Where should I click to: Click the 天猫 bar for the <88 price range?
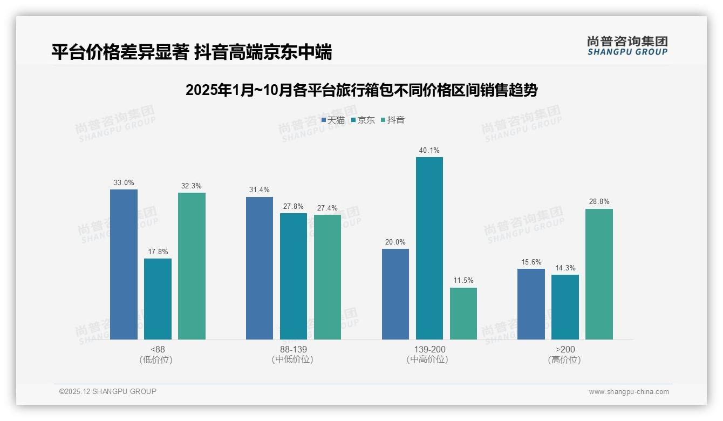point(124,264)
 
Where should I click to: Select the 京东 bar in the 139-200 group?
point(429,248)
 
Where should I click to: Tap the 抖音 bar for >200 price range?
point(599,274)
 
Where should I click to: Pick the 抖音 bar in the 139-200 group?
point(463,314)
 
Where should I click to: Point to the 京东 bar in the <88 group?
point(158,299)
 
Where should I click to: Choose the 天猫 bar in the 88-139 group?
point(260,268)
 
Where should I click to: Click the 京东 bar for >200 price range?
point(565,307)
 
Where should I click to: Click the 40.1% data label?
point(429,150)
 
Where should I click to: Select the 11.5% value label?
point(463,281)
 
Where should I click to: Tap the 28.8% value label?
point(599,202)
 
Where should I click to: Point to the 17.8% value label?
point(158,252)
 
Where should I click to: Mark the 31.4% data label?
point(260,190)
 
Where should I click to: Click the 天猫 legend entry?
point(333,120)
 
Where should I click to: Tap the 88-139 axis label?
point(294,350)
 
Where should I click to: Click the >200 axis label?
point(565,350)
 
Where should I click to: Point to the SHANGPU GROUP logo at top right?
point(627,46)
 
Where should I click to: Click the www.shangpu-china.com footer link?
point(629,392)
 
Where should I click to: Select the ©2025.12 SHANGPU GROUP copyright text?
point(108,392)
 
